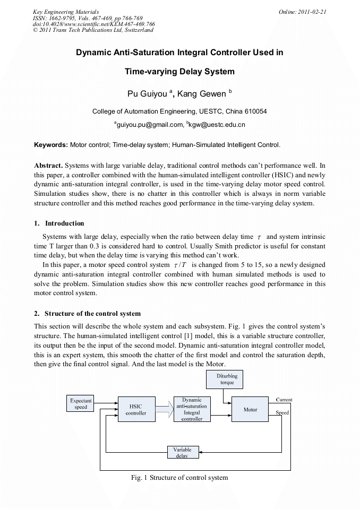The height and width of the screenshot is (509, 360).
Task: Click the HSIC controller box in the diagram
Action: (136, 409)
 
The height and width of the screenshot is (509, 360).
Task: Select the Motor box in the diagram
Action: (250, 409)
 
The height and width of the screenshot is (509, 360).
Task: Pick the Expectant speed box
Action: (81, 404)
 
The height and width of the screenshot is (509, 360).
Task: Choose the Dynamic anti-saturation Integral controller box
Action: (192, 409)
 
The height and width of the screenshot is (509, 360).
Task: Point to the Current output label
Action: (284, 400)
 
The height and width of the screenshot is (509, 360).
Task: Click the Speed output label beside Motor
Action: (282, 412)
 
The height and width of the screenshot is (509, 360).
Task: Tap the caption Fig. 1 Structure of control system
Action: (179, 478)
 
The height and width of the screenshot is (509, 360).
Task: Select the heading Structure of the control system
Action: (92, 313)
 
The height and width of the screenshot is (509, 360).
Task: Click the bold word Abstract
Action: (48, 166)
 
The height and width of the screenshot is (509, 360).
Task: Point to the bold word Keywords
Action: (51, 144)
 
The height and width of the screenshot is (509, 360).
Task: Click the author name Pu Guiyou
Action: (147, 94)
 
